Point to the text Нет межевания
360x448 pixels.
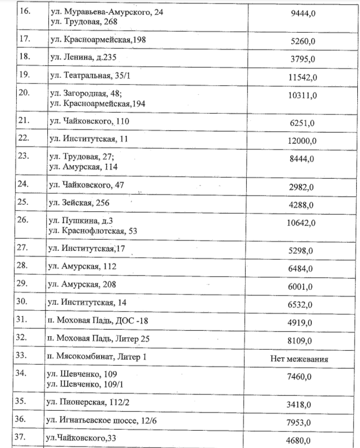pos(298,359)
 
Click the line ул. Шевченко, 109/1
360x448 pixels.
pos(83,384)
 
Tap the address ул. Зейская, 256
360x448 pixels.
pos(79,204)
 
